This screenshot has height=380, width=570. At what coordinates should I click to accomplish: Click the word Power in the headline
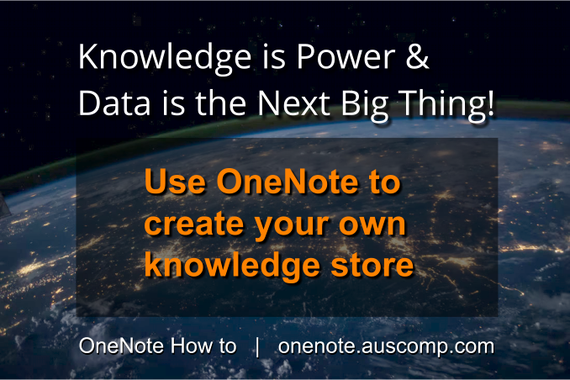pyautogui.click(x=340, y=59)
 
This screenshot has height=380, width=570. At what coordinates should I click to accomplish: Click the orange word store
pyautogui.click(x=367, y=267)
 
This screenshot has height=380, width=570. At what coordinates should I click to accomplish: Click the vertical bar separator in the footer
pyautogui.click(x=256, y=346)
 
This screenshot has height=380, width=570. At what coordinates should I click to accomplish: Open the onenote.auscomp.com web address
pyautogui.click(x=385, y=346)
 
